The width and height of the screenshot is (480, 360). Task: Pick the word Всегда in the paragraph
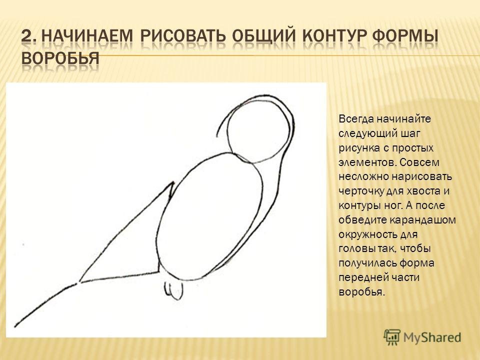click(356, 119)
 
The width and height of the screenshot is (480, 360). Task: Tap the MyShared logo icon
click(392, 337)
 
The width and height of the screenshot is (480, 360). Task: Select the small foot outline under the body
click(174, 290)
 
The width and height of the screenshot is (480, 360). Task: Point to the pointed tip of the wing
click(173, 182)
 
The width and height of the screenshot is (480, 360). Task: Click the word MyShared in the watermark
click(432, 337)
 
